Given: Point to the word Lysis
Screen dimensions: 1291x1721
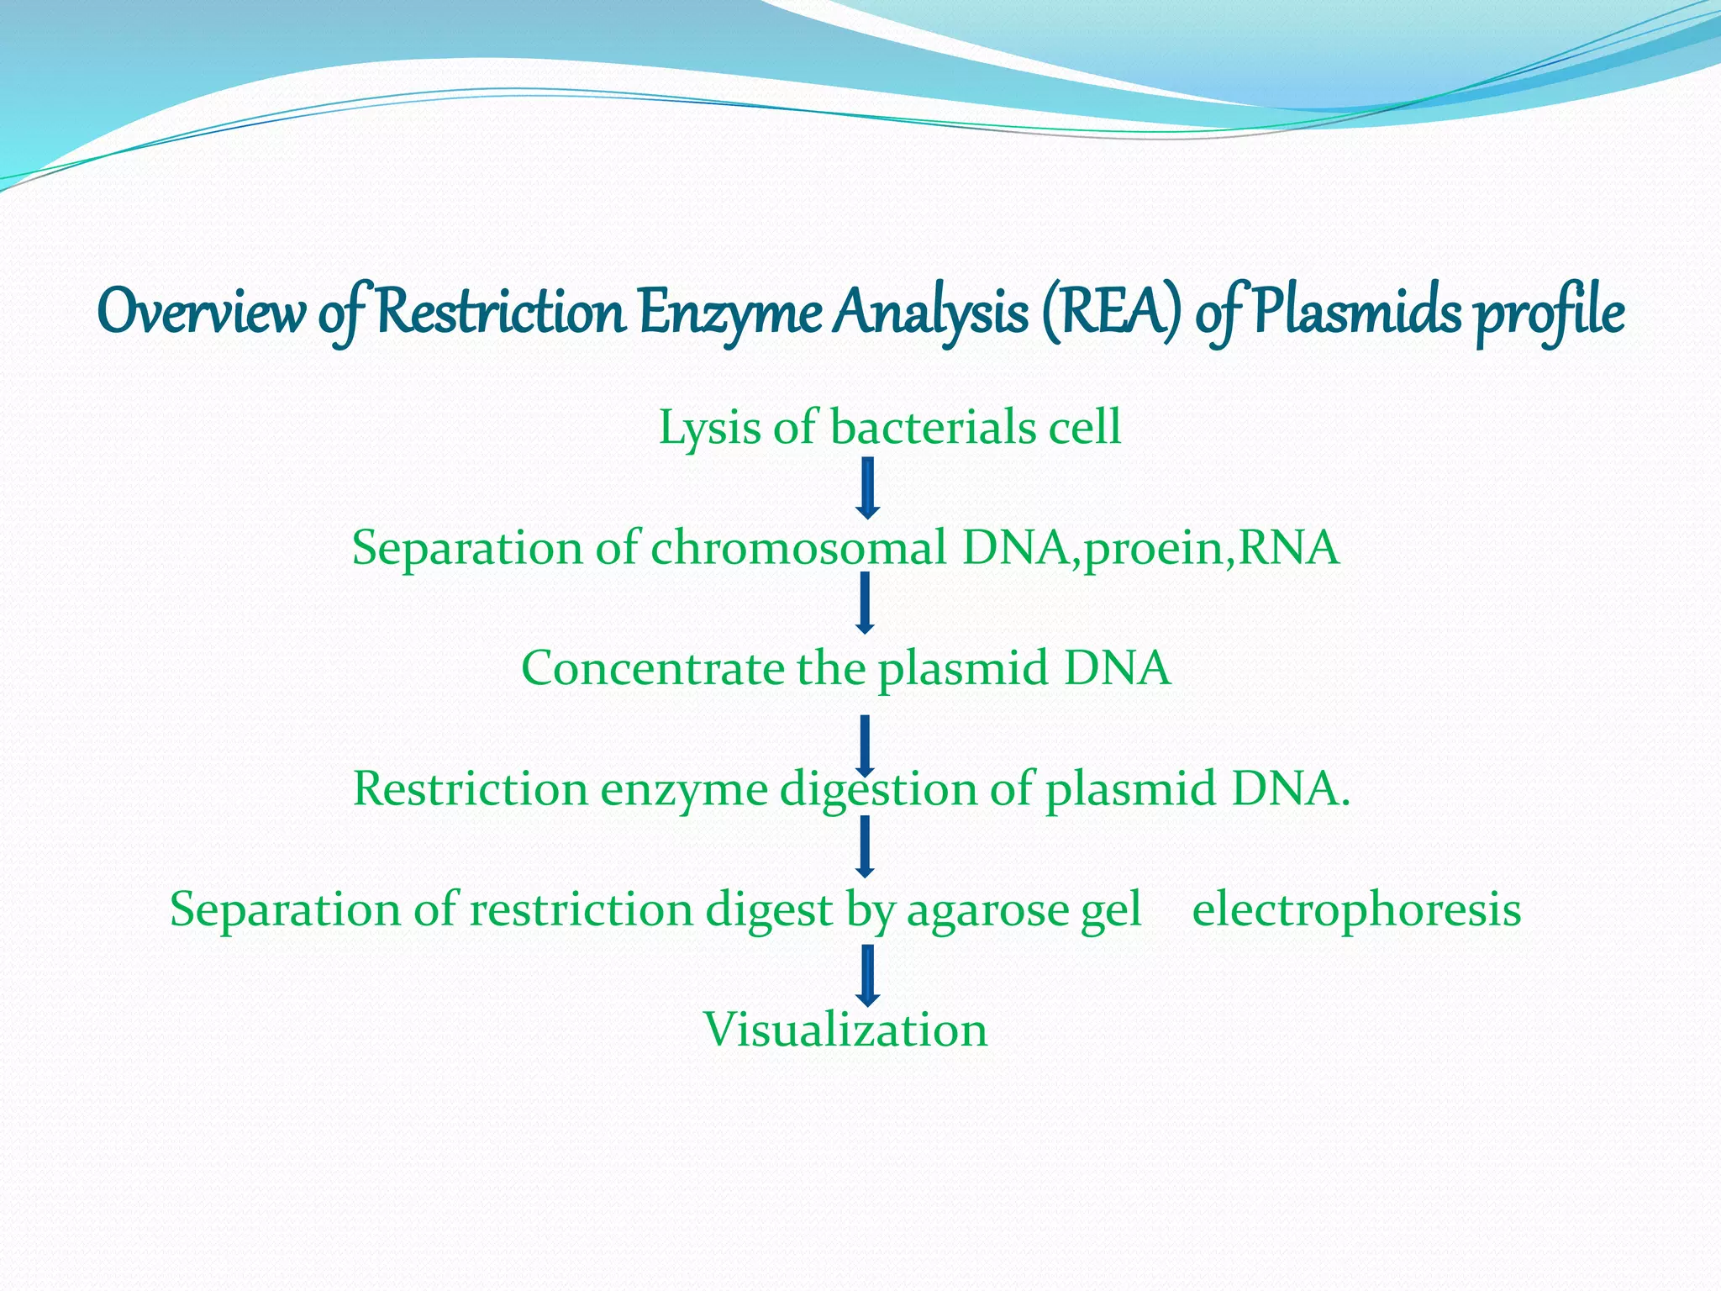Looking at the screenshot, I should click(x=710, y=429).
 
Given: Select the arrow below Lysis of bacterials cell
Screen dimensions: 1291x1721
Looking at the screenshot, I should click(x=868, y=487).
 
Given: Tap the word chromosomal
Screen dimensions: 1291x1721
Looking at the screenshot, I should click(x=797, y=548).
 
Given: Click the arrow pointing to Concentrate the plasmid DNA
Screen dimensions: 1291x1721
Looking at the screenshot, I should click(x=865, y=603).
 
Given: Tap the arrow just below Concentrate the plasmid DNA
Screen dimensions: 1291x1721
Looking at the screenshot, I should click(x=865, y=744).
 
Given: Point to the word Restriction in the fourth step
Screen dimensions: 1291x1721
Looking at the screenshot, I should click(x=470, y=789).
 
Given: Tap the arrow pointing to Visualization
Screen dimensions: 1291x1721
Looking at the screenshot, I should click(x=868, y=975).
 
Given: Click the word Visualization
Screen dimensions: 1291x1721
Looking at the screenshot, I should click(x=845, y=1030).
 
